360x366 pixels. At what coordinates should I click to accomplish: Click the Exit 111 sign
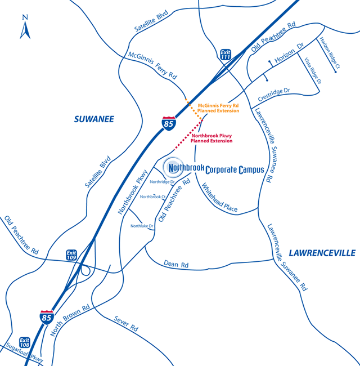[226, 53]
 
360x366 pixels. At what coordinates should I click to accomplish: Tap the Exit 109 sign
[71, 255]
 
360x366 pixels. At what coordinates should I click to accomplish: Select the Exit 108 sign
[24, 342]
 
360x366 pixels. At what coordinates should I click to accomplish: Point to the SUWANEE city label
[94, 119]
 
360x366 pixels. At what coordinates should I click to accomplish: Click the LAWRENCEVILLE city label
[322, 252]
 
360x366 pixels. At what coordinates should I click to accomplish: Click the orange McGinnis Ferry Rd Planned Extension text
[219, 108]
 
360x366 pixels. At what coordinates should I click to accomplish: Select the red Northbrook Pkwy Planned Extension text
[212, 139]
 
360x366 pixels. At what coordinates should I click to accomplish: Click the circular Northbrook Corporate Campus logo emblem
[172, 167]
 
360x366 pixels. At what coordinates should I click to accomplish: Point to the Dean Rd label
[176, 264]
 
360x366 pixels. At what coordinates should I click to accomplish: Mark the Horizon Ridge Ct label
[330, 54]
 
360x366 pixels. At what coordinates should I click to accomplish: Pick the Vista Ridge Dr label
[313, 71]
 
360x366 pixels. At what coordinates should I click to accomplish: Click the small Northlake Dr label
[142, 226]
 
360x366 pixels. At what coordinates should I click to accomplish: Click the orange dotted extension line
[194, 108]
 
